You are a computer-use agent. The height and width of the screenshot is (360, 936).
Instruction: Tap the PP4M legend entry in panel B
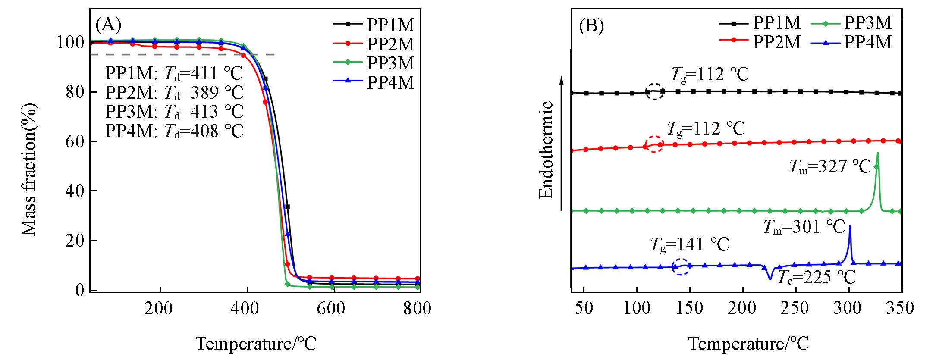pyautogui.click(x=868, y=42)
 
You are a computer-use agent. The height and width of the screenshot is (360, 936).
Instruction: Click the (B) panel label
pyautogui.click(x=590, y=26)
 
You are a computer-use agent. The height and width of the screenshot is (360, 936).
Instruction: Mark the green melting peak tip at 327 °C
pyautogui.click(x=878, y=153)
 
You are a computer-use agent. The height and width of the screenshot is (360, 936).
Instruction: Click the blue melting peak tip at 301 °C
pyautogui.click(x=850, y=226)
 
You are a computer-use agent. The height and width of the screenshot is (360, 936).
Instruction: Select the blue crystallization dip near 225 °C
pyautogui.click(x=770, y=279)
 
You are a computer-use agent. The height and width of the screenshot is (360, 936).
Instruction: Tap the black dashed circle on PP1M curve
pyautogui.click(x=655, y=91)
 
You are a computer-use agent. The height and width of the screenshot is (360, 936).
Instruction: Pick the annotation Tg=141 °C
pyautogui.click(x=689, y=244)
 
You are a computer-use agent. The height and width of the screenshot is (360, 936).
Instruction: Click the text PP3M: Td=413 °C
pyautogui.click(x=174, y=112)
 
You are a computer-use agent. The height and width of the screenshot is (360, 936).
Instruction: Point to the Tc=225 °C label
pyautogui.click(x=816, y=278)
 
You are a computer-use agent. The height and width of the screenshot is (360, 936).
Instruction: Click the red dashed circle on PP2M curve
pyautogui.click(x=654, y=144)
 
